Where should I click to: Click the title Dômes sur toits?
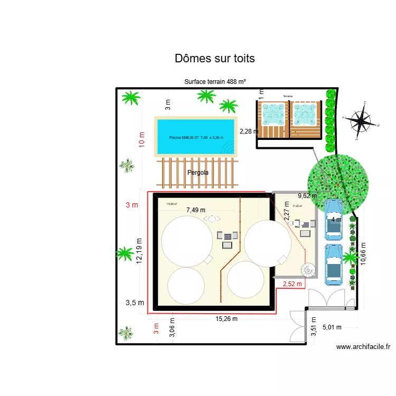tap(214, 59)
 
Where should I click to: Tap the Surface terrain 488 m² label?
tap(215, 82)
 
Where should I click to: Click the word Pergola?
tap(198, 172)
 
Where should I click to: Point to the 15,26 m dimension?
tap(227, 318)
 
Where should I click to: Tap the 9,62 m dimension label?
tap(307, 196)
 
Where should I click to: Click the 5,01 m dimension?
tap(332, 327)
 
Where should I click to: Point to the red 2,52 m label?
tap(292, 284)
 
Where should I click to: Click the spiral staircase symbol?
tap(308, 270)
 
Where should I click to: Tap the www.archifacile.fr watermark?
tap(363, 347)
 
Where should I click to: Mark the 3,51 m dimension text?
tap(314, 329)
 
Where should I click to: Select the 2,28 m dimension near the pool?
tap(249, 131)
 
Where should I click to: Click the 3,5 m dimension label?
tap(134, 303)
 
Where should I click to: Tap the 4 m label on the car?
tap(336, 219)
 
